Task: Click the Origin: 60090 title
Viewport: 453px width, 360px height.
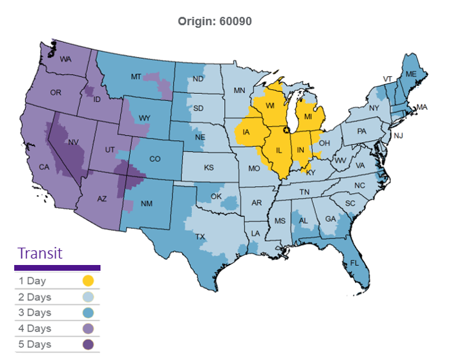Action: coord(215,21)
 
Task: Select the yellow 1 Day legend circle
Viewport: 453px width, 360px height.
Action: coord(88,281)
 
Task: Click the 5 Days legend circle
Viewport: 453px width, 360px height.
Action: coord(88,344)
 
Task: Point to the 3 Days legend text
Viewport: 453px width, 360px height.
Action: coord(35,313)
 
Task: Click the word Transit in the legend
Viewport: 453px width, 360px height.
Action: coord(40,253)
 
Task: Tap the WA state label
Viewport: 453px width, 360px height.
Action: coord(65,59)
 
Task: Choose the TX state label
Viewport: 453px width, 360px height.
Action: coord(200,237)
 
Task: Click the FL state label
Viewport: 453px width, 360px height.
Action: coord(354,263)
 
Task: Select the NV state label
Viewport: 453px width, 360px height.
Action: coord(73,141)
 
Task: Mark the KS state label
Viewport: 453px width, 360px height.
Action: coord(209,167)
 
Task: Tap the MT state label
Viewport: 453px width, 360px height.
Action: coord(136,77)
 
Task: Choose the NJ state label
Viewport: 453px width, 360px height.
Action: coord(399,136)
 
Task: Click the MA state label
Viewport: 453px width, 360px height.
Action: coord(421,107)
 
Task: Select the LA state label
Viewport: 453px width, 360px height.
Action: coord(256,233)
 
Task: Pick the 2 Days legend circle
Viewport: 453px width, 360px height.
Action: coord(88,297)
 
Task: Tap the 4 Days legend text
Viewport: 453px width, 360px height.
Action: coord(35,329)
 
